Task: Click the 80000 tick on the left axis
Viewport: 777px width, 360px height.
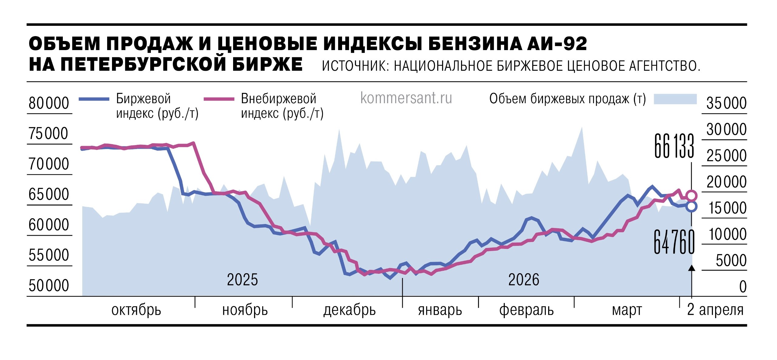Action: point(49,103)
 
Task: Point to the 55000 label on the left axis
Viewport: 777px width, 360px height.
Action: point(49,255)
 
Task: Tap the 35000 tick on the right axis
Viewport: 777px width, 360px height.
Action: point(726,103)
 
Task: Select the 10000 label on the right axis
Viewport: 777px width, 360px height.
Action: point(728,234)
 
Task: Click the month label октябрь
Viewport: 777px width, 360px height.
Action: point(136,310)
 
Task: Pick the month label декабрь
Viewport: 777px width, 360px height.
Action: point(349,310)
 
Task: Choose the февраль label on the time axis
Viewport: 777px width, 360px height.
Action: point(526,310)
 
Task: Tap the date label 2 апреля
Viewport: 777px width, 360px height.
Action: point(715,310)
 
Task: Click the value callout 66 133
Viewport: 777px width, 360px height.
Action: point(674,146)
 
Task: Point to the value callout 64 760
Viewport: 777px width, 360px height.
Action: point(674,242)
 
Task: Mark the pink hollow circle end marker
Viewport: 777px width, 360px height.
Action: point(691,196)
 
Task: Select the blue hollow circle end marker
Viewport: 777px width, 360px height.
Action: point(691,207)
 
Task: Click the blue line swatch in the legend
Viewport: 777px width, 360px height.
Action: point(94,99)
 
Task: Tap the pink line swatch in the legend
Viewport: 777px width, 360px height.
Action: point(219,99)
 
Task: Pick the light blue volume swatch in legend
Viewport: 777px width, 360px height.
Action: point(675,99)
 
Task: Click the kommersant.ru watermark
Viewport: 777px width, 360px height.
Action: point(406,98)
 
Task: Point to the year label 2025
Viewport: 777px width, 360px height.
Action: point(242,280)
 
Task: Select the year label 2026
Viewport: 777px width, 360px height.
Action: point(524,280)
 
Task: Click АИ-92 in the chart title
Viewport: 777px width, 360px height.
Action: point(557,44)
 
